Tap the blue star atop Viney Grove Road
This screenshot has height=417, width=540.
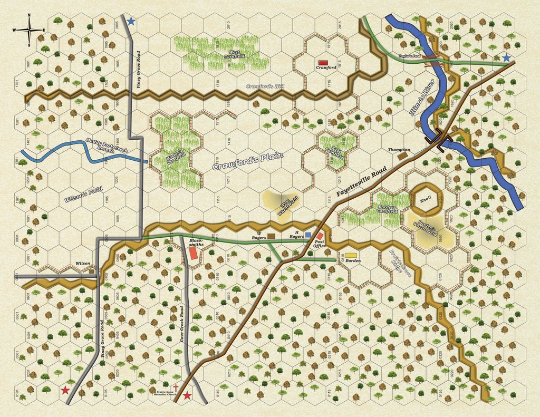[x=131, y=21]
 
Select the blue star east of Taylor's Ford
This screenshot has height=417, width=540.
[x=507, y=58]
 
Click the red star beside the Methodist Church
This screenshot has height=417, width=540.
[x=187, y=395]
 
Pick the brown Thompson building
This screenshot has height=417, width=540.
[x=403, y=156]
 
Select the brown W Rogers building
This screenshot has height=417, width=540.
[x=271, y=236]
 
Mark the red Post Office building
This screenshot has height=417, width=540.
[x=320, y=236]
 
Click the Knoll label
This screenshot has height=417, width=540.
[x=426, y=200]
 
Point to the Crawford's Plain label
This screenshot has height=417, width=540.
[x=248, y=161]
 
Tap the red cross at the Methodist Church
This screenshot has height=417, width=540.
[x=176, y=389]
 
